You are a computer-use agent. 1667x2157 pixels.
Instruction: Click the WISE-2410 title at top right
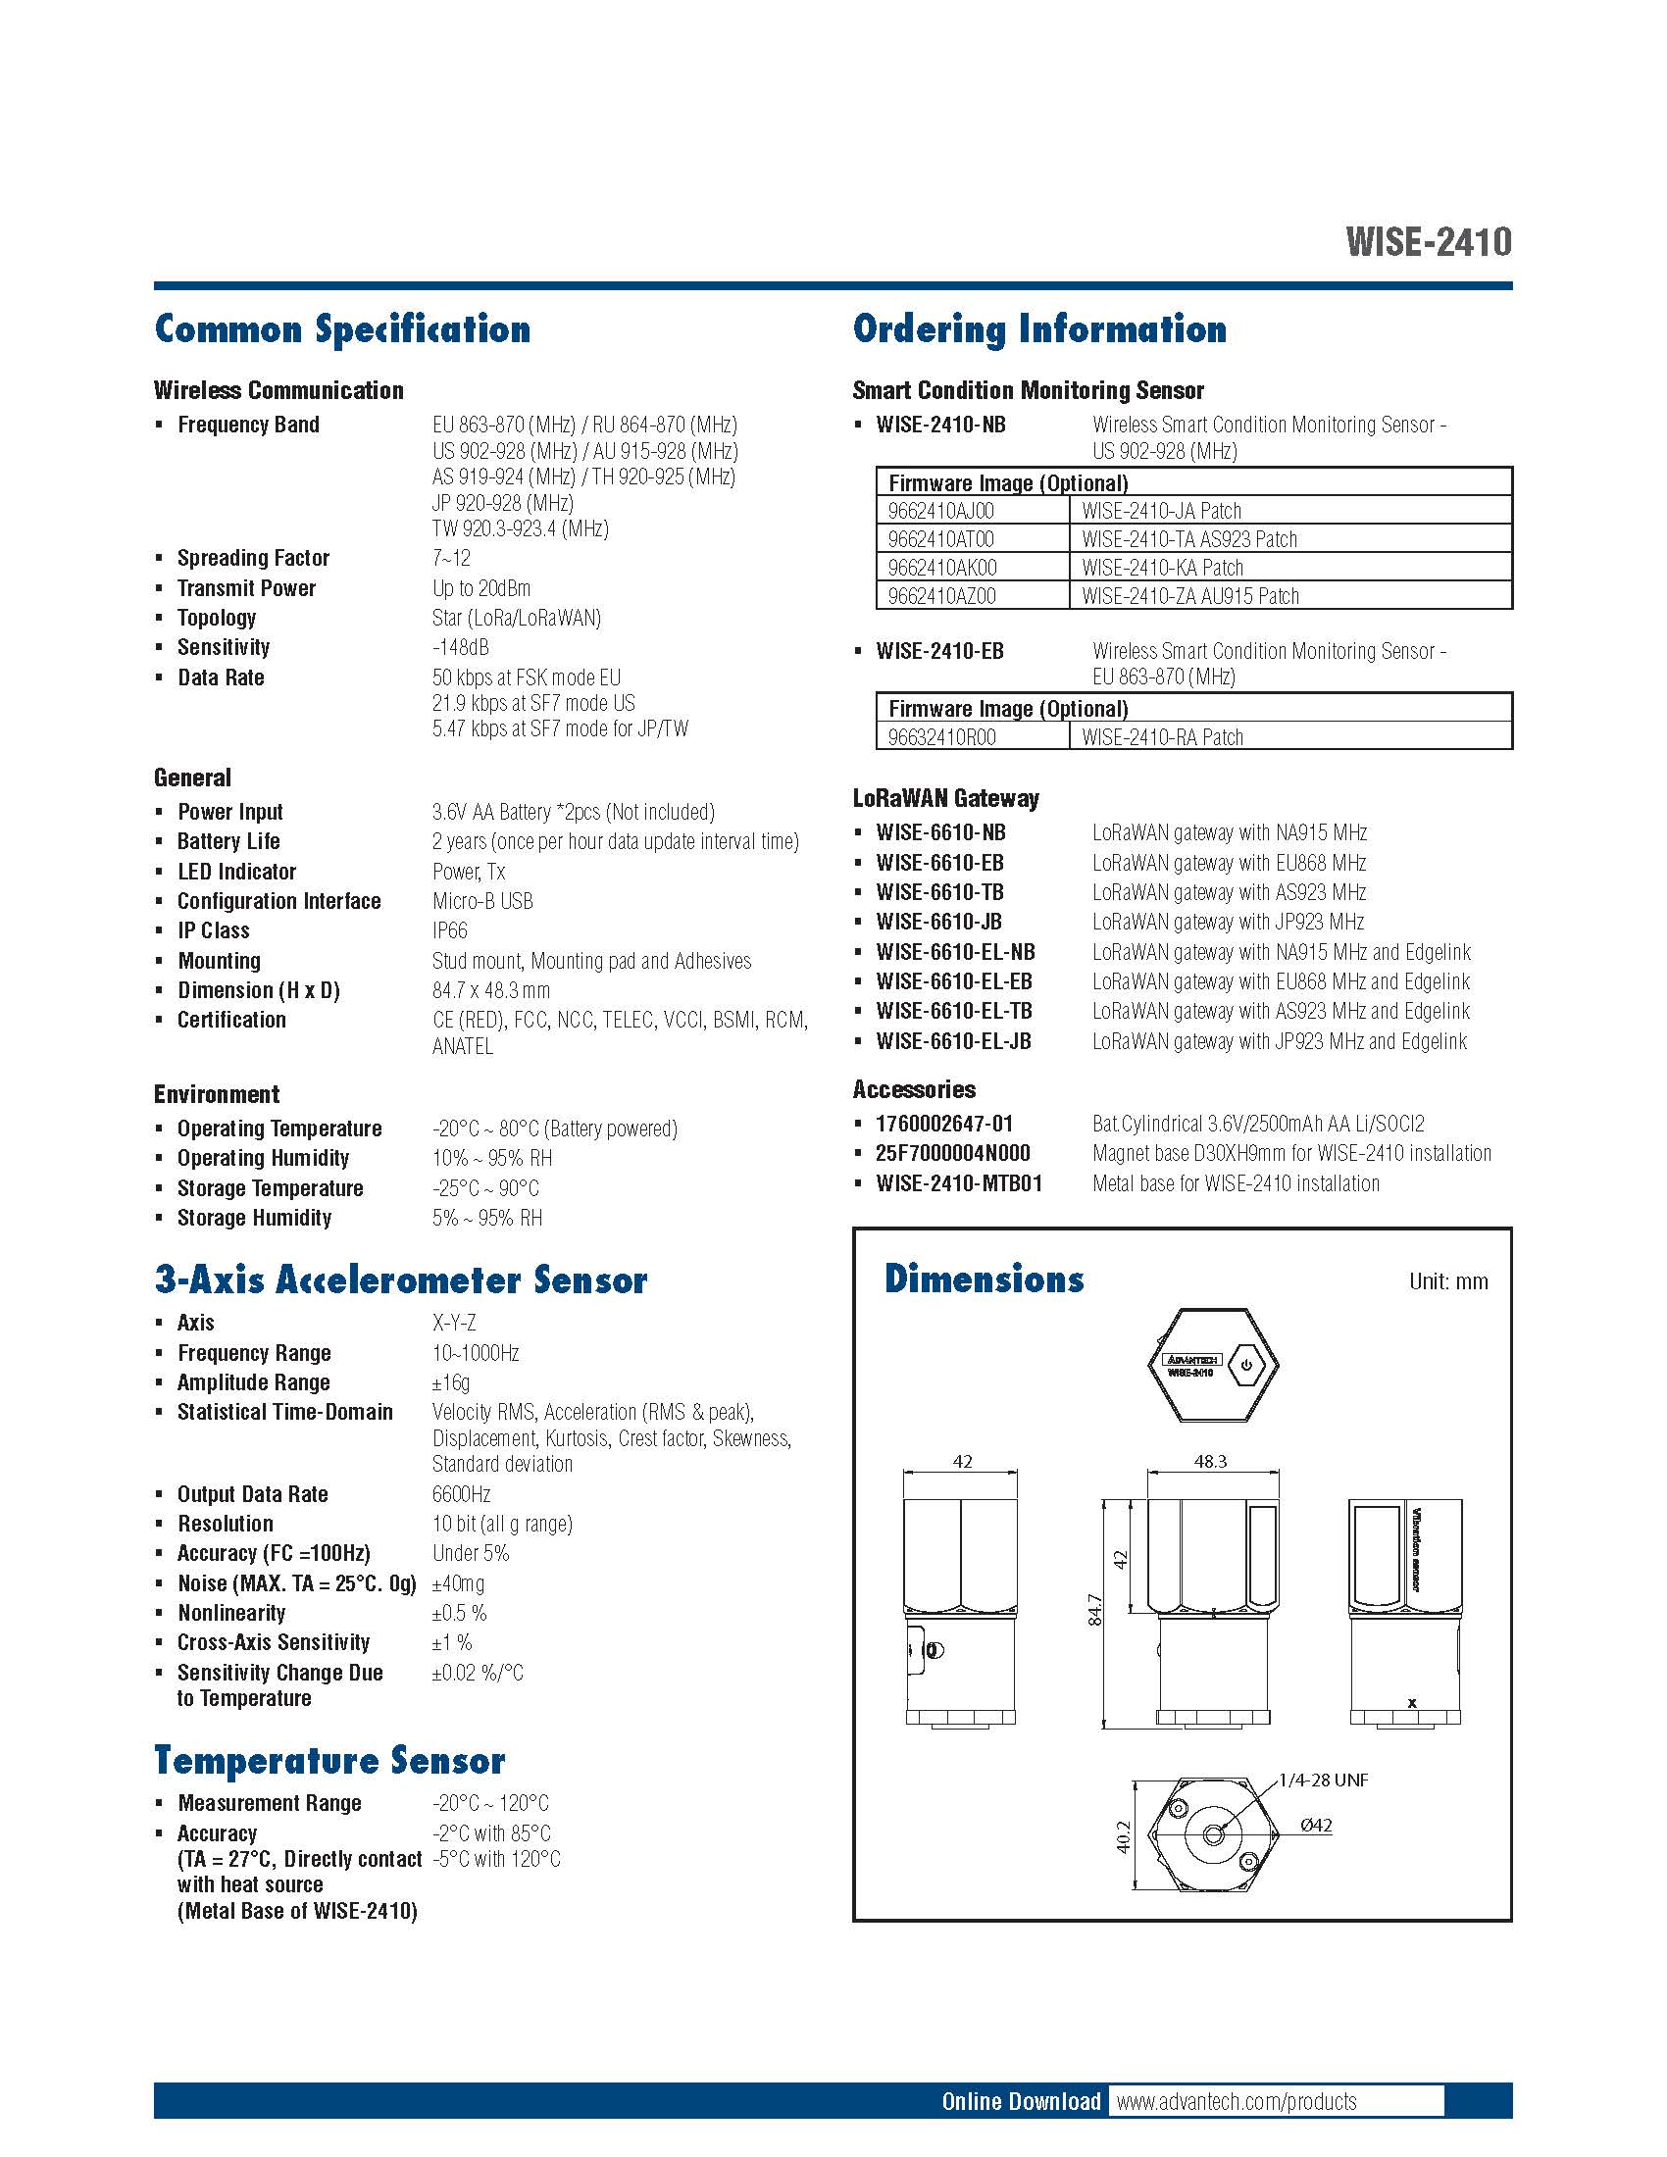pyautogui.click(x=1427, y=242)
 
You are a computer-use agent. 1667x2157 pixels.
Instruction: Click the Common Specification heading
pyautogui.click(x=341, y=328)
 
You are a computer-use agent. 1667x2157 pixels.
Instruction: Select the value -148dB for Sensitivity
pyautogui.click(x=460, y=648)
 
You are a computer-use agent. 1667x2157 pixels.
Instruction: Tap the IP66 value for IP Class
pyautogui.click(x=449, y=931)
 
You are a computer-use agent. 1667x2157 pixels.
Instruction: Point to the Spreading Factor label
pyautogui.click(x=253, y=558)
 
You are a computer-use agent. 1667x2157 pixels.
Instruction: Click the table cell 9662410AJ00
pyautogui.click(x=940, y=512)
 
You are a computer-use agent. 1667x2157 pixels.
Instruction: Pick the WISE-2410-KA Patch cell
pyautogui.click(x=1161, y=568)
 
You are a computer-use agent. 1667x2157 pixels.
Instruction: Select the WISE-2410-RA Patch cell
pyautogui.click(x=1161, y=737)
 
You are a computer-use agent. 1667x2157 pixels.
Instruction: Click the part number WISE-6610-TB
pyautogui.click(x=939, y=893)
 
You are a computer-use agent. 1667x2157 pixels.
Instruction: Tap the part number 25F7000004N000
pyautogui.click(x=952, y=1154)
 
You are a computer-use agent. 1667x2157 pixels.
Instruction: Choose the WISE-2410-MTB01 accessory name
pyautogui.click(x=958, y=1183)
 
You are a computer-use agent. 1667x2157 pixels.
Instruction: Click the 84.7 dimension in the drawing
pyautogui.click(x=1094, y=1610)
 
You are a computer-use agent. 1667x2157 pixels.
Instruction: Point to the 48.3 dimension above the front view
pyautogui.click(x=1210, y=1461)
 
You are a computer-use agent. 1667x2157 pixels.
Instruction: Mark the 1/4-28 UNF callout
pyautogui.click(x=1323, y=1780)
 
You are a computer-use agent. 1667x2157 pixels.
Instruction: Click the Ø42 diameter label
pyautogui.click(x=1315, y=1826)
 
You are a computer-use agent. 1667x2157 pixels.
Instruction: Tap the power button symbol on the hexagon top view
pyautogui.click(x=1247, y=1366)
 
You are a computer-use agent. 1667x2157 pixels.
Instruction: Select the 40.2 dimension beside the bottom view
pyautogui.click(x=1123, y=1836)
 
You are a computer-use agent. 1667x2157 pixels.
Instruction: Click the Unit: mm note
pyautogui.click(x=1447, y=1282)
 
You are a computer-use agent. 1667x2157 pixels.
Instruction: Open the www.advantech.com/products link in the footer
pyautogui.click(x=1236, y=2101)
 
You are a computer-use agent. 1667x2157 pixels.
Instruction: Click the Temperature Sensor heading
pyautogui.click(x=328, y=1760)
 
